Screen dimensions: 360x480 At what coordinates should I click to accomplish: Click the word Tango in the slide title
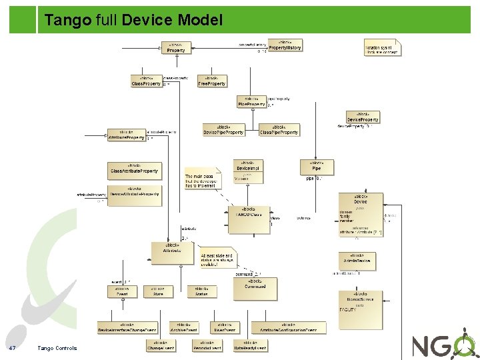tap(67, 21)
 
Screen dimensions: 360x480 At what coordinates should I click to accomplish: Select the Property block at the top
tap(176, 48)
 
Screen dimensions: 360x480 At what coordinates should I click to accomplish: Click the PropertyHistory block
tap(285, 46)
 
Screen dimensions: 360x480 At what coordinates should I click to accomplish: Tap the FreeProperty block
tap(212, 81)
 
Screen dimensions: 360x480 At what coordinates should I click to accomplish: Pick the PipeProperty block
tap(251, 102)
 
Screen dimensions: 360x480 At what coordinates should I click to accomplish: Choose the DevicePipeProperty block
tap(223, 130)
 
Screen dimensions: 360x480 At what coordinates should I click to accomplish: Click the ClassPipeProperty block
tap(279, 130)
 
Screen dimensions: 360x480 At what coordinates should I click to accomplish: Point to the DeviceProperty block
tap(363, 117)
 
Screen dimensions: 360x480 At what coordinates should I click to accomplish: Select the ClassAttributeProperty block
tap(134, 169)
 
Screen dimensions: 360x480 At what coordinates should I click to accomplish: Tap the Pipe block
tap(316, 167)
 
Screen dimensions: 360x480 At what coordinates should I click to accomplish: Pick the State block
tap(158, 291)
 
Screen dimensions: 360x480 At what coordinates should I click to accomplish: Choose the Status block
tap(201, 291)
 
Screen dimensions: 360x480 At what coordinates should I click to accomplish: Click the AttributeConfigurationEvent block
tap(289, 327)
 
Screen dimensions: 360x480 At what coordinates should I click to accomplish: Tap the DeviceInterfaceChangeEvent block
tap(127, 327)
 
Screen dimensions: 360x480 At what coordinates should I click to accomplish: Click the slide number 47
tap(12, 348)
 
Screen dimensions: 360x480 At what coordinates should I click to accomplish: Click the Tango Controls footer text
tap(57, 348)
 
